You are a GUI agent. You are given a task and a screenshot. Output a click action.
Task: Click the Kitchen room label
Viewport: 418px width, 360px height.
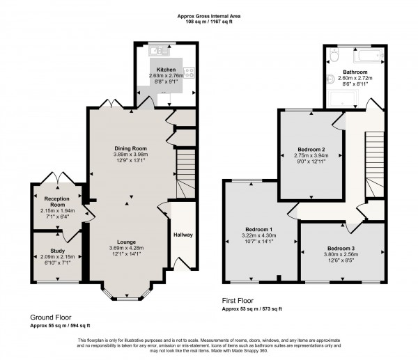click(x=166, y=70)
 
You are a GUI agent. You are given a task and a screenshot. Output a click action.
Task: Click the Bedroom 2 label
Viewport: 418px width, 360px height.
click(x=311, y=149)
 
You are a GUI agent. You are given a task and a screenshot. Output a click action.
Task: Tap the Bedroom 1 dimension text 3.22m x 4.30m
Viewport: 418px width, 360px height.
click(x=259, y=237)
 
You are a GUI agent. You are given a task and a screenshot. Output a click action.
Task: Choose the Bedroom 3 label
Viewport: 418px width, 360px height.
click(x=341, y=247)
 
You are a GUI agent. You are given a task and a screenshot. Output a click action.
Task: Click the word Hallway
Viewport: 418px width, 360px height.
click(x=183, y=235)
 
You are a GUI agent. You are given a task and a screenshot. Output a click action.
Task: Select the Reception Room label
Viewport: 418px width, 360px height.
click(x=57, y=202)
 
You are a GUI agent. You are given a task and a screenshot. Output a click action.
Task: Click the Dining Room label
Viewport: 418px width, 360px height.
click(x=131, y=148)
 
